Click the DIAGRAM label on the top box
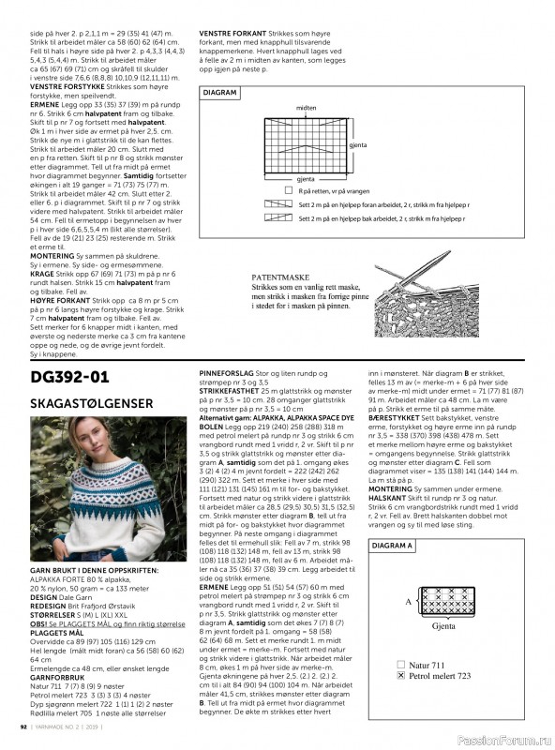(x=220, y=93)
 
